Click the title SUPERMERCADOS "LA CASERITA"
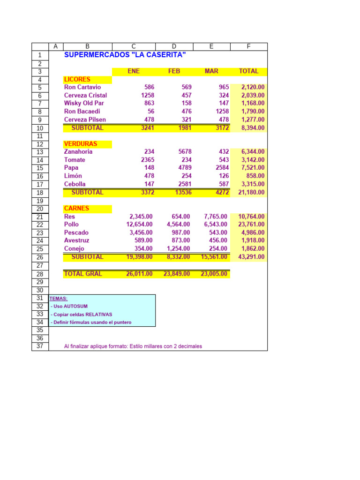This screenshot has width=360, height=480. tap(125, 55)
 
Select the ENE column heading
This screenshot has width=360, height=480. tap(134, 71)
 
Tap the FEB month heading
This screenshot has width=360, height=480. tap(174, 71)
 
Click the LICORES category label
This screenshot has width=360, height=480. tap(77, 79)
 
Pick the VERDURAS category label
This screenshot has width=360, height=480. tap(81, 144)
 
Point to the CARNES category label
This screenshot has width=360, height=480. tap(76, 208)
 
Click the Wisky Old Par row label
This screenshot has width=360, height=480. tap(84, 103)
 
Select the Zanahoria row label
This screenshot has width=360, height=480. tap(78, 152)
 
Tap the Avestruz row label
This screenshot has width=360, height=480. tap(76, 240)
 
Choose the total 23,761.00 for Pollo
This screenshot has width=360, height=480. tap(252, 225)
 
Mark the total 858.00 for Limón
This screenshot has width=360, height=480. tap(255, 176)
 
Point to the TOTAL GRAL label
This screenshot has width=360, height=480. tap(82, 274)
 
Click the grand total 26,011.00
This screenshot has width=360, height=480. tap(139, 274)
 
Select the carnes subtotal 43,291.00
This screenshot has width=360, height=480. tap(252, 257)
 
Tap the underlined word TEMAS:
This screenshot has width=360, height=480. tap(58, 298)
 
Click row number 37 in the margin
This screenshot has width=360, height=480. tap(40, 346)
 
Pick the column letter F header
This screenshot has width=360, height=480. tap(248, 46)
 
